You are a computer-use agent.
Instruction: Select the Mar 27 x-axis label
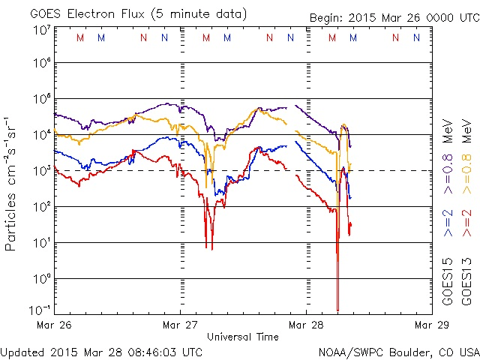click(x=181, y=325)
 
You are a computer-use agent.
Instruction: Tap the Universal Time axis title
click(x=242, y=337)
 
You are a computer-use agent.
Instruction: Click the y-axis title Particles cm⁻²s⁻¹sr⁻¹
click(x=11, y=184)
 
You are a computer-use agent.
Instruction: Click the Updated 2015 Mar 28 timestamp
click(x=101, y=351)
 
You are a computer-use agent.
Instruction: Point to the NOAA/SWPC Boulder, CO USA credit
click(x=398, y=351)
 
